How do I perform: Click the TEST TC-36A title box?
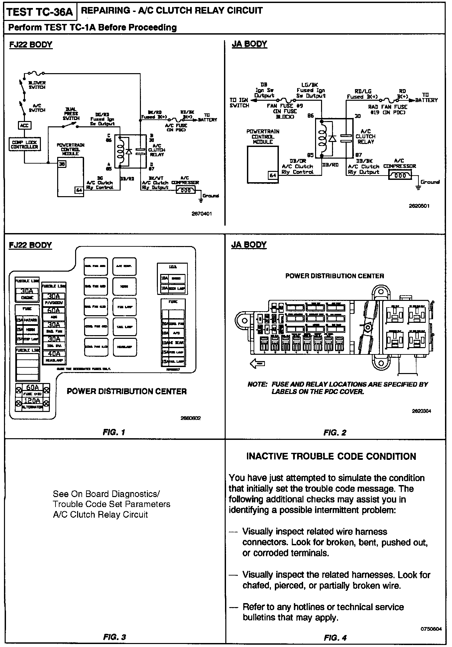click(x=40, y=12)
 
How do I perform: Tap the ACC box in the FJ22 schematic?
click(x=24, y=125)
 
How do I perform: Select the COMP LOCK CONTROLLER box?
click(x=25, y=145)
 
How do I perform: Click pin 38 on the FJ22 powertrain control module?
click(x=62, y=164)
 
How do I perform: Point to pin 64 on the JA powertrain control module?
click(x=273, y=175)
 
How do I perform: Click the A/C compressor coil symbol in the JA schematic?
click(x=400, y=175)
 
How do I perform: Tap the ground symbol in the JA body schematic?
click(x=418, y=188)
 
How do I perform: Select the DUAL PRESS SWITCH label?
click(x=71, y=113)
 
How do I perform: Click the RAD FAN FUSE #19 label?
click(x=388, y=109)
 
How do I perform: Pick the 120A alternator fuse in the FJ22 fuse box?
click(x=32, y=401)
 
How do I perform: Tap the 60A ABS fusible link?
click(x=54, y=311)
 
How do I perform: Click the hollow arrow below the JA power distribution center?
click(x=257, y=364)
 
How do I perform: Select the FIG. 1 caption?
click(x=114, y=432)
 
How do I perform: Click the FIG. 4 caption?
click(x=335, y=637)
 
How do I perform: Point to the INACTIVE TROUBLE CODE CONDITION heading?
click(x=331, y=456)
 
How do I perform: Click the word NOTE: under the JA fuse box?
click(x=257, y=384)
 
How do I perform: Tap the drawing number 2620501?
click(x=419, y=206)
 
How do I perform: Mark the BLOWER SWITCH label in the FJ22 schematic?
click(x=37, y=85)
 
